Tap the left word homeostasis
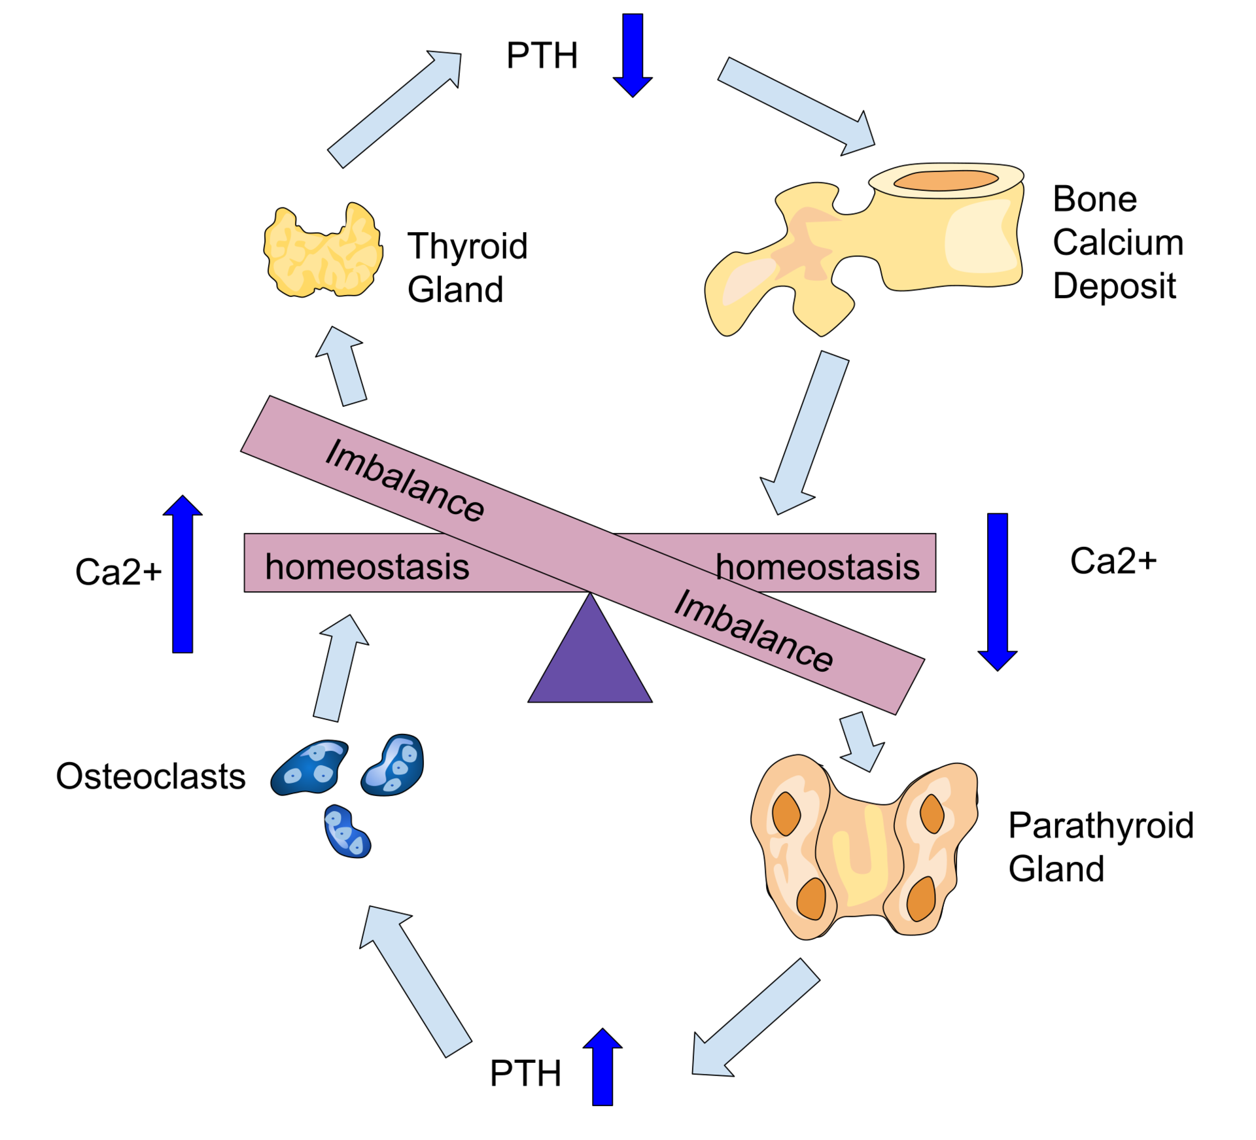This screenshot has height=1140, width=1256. pyautogui.click(x=367, y=566)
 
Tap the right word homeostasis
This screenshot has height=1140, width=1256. pyautogui.click(x=818, y=566)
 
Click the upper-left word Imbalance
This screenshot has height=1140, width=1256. pyautogui.click(x=405, y=480)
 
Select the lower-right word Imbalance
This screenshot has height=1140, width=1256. pyautogui.click(x=754, y=630)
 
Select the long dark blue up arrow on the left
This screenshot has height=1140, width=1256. pyautogui.click(x=183, y=576)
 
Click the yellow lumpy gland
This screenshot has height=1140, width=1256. pyautogui.click(x=323, y=250)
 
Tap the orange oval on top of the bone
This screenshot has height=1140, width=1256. pyautogui.click(x=946, y=180)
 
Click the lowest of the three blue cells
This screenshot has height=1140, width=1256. pyautogui.click(x=347, y=832)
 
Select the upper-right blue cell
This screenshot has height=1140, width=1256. pyautogui.click(x=394, y=765)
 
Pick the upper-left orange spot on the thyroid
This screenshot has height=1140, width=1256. pyautogui.click(x=786, y=813)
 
